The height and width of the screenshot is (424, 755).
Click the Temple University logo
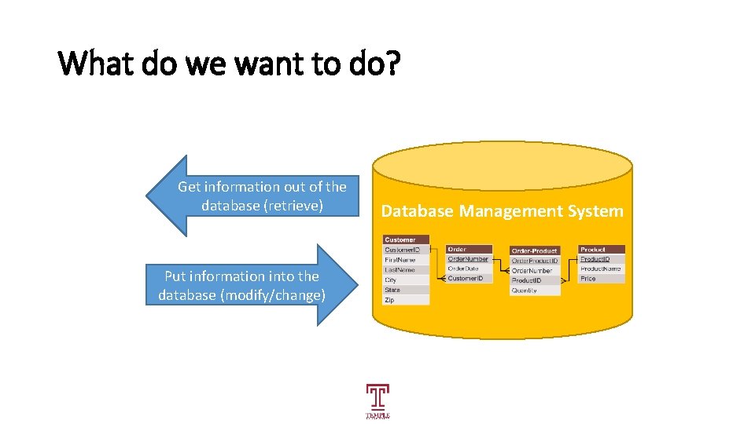pos(377,400)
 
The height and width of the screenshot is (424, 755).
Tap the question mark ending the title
pos(392,64)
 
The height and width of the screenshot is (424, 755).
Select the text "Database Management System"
pos(502,211)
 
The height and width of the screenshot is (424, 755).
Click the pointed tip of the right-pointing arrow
pos(345,285)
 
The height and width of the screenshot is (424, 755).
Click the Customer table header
pos(407,239)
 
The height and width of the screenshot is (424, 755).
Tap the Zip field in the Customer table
pos(407,300)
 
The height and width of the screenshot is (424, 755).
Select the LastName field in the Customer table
pos(407,269)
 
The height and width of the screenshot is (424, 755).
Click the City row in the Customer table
pos(407,280)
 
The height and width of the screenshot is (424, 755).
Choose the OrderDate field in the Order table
pos(469,269)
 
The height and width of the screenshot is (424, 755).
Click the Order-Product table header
pos(535,250)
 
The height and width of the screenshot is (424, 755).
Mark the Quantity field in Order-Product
pos(535,290)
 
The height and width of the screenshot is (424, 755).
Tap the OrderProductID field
pos(535,261)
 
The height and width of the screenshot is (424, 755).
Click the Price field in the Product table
pos(602,279)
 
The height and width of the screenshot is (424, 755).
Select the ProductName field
pos(602,269)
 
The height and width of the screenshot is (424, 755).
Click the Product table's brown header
pos(602,249)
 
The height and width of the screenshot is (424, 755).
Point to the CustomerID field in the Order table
pos(469,279)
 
